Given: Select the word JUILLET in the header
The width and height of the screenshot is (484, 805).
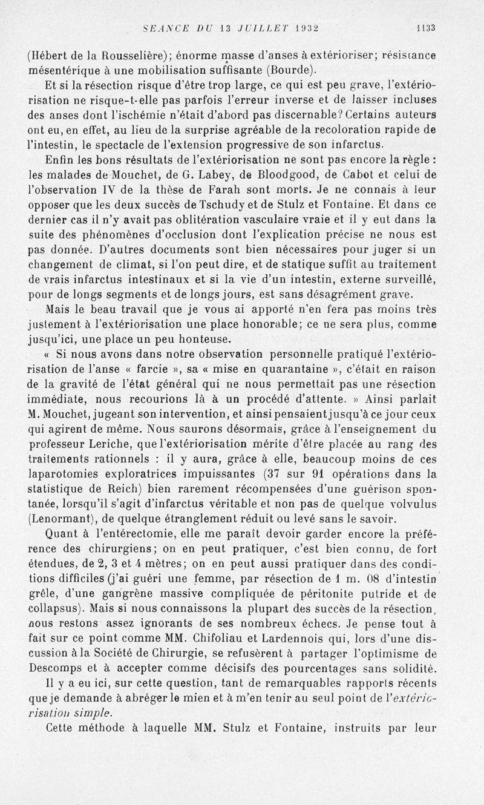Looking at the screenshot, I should point(257,27).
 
